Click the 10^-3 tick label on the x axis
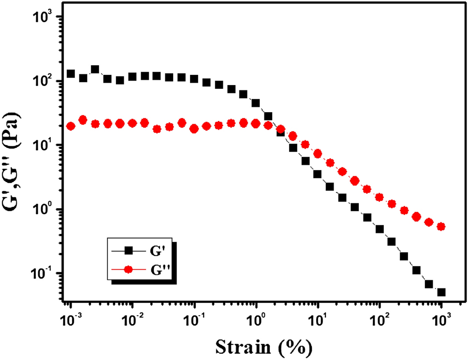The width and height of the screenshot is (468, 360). pos(71,319)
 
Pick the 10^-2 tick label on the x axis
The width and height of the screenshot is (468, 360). pos(132,319)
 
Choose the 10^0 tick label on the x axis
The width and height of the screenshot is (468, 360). pos(256,319)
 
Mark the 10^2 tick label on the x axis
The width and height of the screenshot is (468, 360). pos(380,319)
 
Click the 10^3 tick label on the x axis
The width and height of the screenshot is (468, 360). pos(441,319)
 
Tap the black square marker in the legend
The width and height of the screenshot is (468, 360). pos(129,250)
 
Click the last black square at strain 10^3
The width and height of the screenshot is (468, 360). pos(441,292)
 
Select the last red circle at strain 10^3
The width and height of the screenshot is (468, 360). pos(441,227)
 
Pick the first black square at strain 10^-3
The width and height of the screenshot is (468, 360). pos(71,74)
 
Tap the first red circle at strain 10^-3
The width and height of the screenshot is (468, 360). pos(71,126)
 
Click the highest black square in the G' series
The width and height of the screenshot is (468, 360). pos(95,70)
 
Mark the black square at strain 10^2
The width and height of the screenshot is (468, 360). pos(380,229)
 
